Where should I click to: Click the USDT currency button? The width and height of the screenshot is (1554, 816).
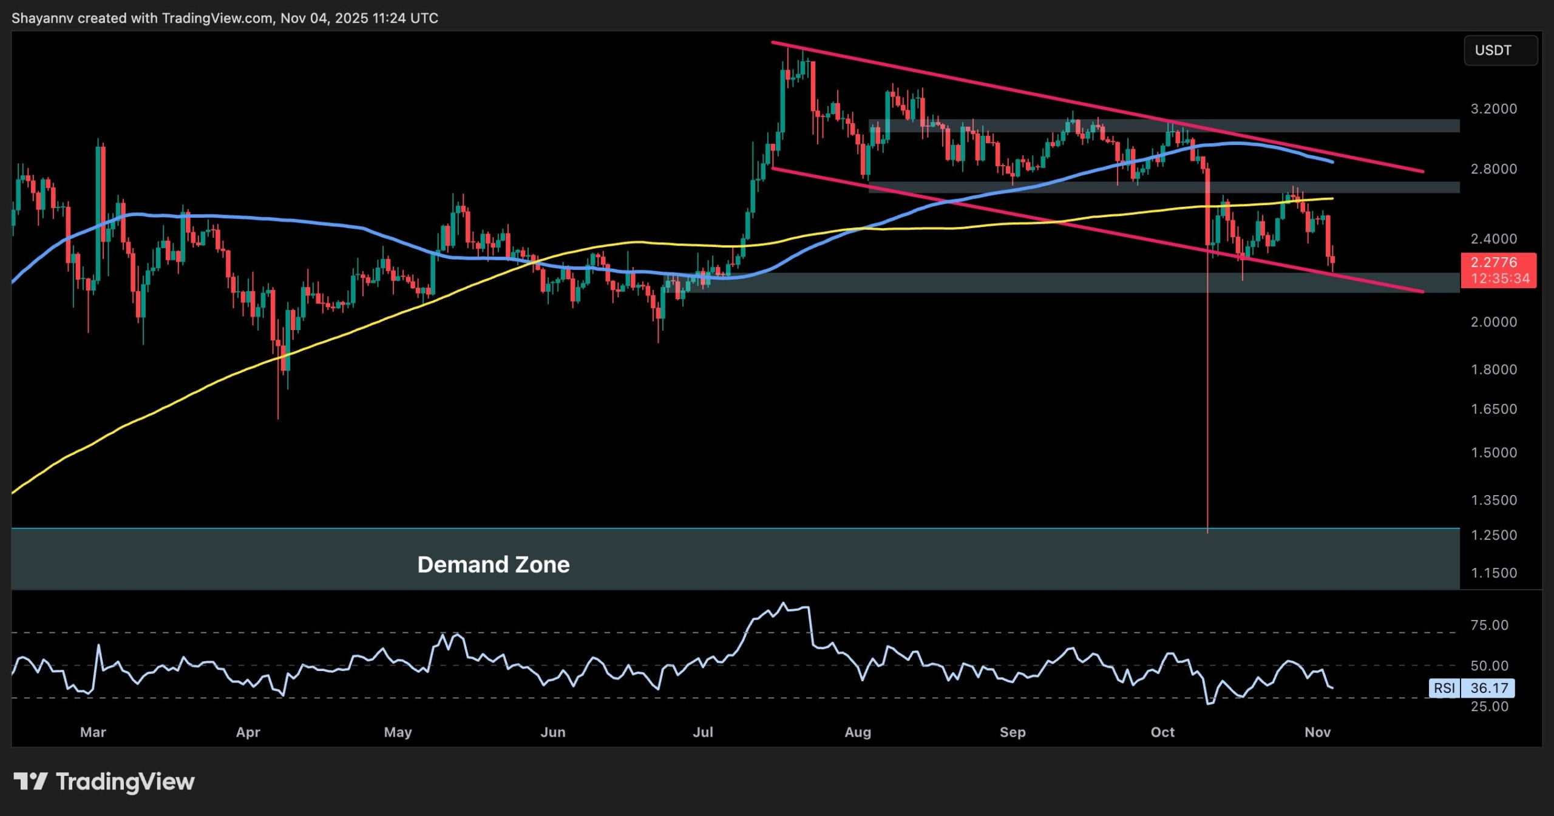(x=1500, y=50)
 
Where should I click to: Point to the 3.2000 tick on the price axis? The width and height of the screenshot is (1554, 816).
(x=1493, y=109)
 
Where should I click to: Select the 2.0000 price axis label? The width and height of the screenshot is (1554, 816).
(x=1493, y=322)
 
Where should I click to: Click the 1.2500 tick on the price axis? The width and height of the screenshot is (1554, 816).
(x=1493, y=535)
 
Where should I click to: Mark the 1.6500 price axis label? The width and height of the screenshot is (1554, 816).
(x=1493, y=409)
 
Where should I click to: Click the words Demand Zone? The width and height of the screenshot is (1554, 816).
(x=493, y=565)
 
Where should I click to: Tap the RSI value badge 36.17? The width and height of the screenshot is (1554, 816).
(x=1489, y=688)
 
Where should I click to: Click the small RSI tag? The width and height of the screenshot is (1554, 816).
(x=1444, y=688)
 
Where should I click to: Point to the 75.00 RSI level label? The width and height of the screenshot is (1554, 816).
(x=1489, y=625)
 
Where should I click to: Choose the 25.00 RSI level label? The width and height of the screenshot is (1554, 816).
(x=1489, y=706)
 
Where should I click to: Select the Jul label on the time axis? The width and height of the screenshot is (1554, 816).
(x=703, y=732)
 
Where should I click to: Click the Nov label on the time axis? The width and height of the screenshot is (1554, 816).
(x=1317, y=732)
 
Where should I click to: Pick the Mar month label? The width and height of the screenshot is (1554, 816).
(x=93, y=732)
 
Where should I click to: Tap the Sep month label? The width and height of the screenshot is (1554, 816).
(x=1013, y=732)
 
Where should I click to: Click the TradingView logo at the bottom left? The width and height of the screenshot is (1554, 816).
(x=104, y=781)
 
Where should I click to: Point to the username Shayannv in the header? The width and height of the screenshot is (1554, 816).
(x=42, y=18)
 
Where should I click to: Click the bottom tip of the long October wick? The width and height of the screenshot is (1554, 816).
(x=1207, y=533)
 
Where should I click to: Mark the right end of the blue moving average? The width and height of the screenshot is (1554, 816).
(x=1332, y=162)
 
